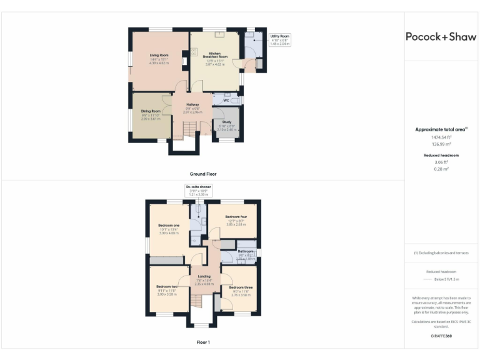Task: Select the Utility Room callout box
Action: pyautogui.click(x=280, y=40)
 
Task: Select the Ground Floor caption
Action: pyautogui.click(x=203, y=174)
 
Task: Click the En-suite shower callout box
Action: pyautogui.click(x=198, y=190)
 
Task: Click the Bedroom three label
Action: pyautogui.click(x=240, y=287)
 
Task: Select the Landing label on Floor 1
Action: pyautogui.click(x=204, y=276)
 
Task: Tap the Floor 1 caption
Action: pyautogui.click(x=203, y=342)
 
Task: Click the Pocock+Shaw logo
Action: pyautogui.click(x=441, y=36)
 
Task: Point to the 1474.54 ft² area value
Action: pyautogui.click(x=441, y=137)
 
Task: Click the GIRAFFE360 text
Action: pyautogui.click(x=441, y=337)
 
